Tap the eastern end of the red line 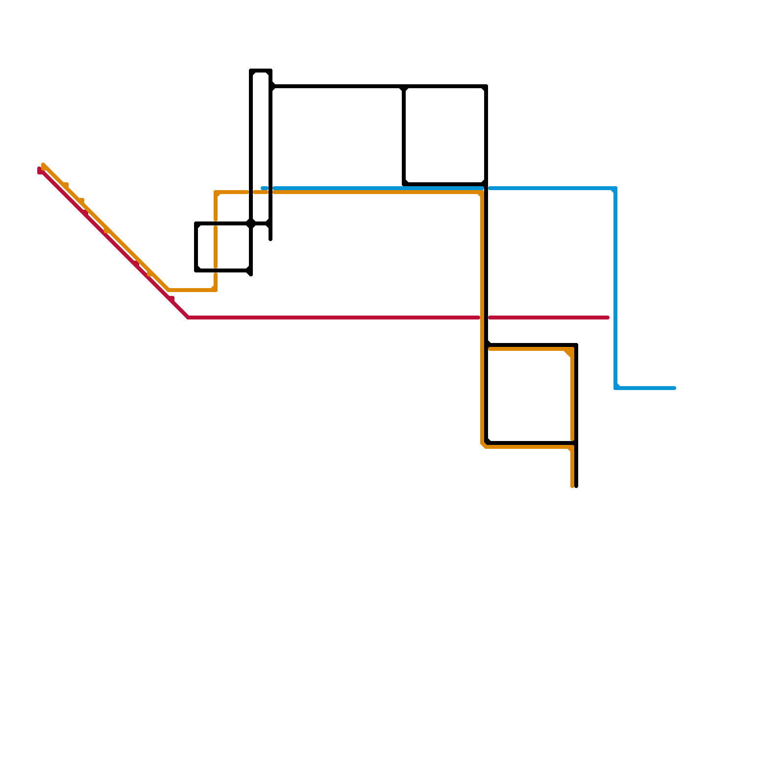tap(608, 318)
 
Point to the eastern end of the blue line tap(675, 388)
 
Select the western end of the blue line tap(263, 188)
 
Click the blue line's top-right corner tap(615, 188)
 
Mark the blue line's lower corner tap(615, 388)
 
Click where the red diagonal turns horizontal tap(188, 318)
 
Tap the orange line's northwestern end tap(44, 165)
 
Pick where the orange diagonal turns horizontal tap(169, 290)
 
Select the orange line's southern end tap(572, 487)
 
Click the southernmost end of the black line tap(576, 487)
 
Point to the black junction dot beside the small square tap(251, 223)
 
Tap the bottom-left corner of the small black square tap(196, 270)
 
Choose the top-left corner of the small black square tap(196, 223)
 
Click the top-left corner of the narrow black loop tap(251, 71)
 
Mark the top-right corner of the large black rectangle tap(486, 87)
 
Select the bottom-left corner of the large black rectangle tap(404, 184)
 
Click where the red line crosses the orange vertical tap(483, 318)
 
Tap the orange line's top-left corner tap(216, 192)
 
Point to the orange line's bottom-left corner tap(483, 446)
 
